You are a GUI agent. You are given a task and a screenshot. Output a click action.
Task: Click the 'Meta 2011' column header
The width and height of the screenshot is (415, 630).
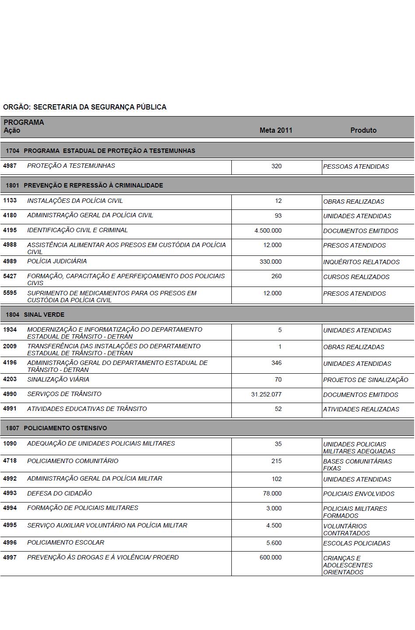[276, 130]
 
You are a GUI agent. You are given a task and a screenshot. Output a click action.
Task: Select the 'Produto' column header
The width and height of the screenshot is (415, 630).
[363, 130]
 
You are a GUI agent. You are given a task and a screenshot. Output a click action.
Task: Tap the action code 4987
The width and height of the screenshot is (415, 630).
[10, 166]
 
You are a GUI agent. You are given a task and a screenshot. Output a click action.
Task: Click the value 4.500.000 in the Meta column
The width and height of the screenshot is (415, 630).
[268, 230]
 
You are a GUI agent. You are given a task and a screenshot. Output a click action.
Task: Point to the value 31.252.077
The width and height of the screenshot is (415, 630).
[266, 394]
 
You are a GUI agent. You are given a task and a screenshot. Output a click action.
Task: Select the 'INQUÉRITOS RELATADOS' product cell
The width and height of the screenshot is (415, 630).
[361, 262]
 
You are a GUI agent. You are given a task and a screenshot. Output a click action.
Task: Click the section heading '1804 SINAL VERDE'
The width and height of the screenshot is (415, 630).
[35, 315]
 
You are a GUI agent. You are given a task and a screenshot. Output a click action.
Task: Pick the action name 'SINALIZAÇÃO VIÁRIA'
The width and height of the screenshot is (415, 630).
[58, 379]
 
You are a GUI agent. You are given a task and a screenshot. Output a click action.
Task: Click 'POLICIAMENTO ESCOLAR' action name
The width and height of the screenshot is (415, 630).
[66, 542]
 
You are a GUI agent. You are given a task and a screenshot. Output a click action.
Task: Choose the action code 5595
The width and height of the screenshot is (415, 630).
[10, 293]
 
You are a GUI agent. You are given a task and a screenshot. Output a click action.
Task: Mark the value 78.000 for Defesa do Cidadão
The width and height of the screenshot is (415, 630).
[272, 493]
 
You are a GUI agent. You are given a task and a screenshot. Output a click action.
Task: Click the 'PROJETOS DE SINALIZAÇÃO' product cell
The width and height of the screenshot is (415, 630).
[366, 380]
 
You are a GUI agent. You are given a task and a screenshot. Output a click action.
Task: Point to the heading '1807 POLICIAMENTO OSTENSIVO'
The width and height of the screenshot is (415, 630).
[56, 428]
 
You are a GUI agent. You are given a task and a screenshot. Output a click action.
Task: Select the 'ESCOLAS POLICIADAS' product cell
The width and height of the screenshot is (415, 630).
[356, 543]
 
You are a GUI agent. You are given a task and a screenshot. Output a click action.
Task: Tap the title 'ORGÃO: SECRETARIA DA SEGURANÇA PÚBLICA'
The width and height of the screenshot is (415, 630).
[85, 107]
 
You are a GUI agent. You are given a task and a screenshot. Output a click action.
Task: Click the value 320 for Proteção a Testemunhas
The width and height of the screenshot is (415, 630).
[276, 166]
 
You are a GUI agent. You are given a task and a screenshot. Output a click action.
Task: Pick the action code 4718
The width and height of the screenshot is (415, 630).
[10, 460]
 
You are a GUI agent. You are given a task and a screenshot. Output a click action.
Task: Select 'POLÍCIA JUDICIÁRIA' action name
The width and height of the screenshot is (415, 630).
[57, 261]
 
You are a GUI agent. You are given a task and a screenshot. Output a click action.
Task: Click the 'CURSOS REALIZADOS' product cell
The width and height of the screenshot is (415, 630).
[356, 277]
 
